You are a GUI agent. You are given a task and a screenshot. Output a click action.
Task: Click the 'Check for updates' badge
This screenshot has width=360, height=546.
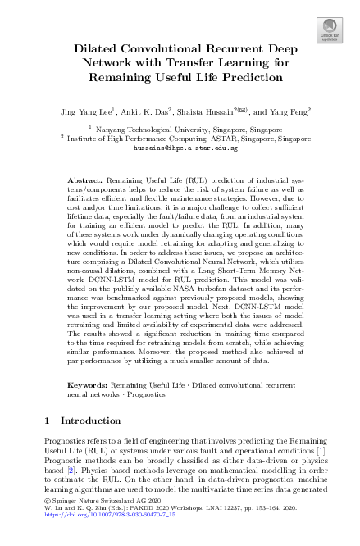click(x=328, y=30)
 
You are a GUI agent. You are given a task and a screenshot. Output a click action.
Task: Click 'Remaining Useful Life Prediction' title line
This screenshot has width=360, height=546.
click(x=180, y=78)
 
